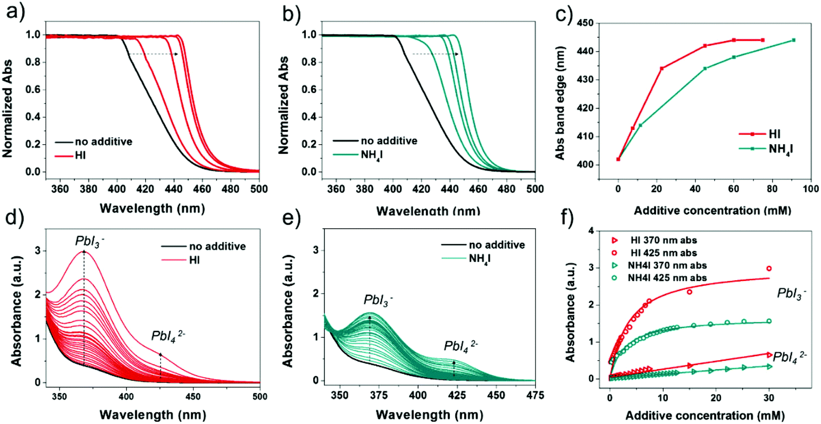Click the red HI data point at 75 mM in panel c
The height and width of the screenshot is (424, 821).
pos(763,40)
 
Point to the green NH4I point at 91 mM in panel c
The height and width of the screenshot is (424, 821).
pos(793,40)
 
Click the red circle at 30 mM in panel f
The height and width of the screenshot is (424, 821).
pos(769,269)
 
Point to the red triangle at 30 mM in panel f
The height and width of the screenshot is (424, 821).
pos(769,354)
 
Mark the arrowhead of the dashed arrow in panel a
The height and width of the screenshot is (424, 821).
pos(177,54)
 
